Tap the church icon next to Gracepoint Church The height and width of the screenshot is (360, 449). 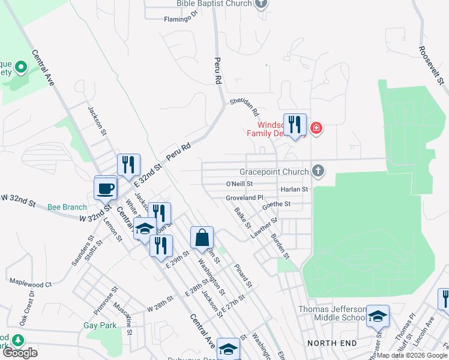[x=318, y=172]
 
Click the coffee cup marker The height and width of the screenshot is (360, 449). [x=106, y=188]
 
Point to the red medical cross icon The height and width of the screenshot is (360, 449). [x=316, y=128]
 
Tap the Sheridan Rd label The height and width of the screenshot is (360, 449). [x=244, y=107]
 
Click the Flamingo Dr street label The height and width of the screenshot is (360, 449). [x=181, y=19]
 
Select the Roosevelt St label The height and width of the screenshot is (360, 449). [x=432, y=67]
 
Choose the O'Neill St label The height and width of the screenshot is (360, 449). [x=240, y=184]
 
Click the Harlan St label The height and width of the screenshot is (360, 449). [x=294, y=190]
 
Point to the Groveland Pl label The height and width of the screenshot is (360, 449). [x=244, y=197]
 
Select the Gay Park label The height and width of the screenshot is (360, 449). [x=100, y=326]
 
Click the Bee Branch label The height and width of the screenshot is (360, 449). [x=67, y=207]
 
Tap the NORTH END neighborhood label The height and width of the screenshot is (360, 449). [x=332, y=343]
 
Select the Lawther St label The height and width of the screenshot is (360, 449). [x=264, y=229]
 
